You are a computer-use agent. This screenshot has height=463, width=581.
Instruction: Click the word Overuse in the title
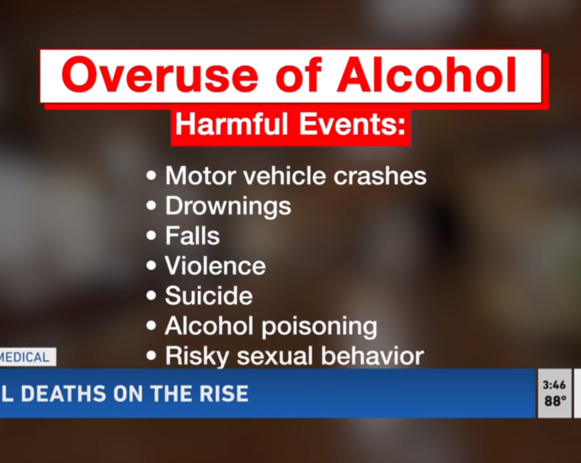point(160,74)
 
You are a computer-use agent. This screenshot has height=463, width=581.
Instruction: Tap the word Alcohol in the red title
point(427,74)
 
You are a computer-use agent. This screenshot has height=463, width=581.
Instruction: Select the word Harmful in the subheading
point(232,124)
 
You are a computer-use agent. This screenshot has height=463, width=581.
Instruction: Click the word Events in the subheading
point(352,124)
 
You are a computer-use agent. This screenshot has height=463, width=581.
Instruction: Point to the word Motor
point(200,175)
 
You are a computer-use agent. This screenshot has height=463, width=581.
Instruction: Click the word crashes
point(380,175)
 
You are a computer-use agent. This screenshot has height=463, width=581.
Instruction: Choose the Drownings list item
point(228,206)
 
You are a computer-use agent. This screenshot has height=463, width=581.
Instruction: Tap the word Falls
point(192,236)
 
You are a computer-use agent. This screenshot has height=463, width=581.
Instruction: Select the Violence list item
point(216,265)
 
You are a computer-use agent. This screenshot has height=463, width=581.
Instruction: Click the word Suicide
point(209,295)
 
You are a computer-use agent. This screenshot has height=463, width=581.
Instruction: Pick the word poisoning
point(319,327)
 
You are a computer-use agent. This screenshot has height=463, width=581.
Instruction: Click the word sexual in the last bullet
point(275,356)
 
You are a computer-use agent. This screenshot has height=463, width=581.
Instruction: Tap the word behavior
point(372,355)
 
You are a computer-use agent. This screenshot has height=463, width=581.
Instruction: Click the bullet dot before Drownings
point(152,205)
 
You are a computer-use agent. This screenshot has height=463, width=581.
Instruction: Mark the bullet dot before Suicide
point(152,295)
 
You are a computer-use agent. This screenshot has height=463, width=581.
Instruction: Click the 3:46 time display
point(554,386)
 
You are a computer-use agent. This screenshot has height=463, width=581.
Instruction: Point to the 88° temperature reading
point(555,401)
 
